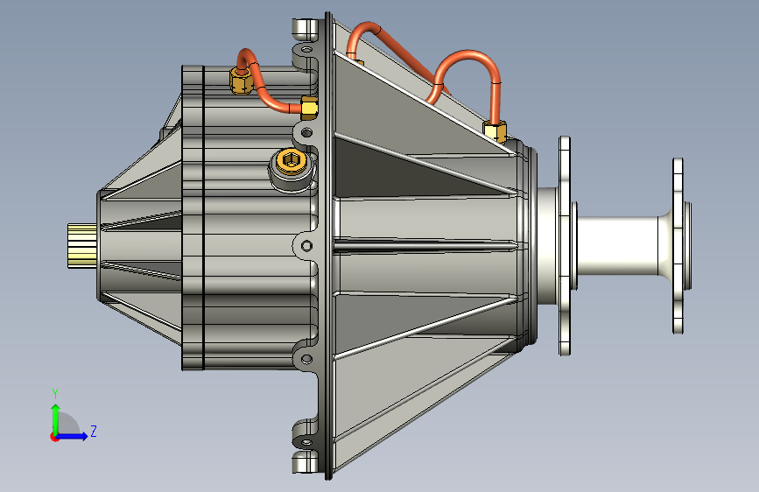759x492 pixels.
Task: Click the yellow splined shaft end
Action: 82,245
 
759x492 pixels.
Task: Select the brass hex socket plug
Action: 291,161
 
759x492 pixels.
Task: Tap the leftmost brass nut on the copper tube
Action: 241,81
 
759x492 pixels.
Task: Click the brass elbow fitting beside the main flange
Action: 309,108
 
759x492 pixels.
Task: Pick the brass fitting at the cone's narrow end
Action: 495,130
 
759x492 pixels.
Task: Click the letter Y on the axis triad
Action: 55,394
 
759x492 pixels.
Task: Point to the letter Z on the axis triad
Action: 94,431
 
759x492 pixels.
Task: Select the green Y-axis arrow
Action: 56,419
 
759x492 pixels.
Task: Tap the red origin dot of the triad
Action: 53,437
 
